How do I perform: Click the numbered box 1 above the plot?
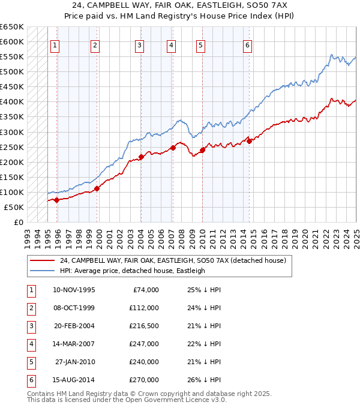pyautogui.click(x=55, y=44)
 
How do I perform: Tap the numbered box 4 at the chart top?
pyautogui.click(x=171, y=44)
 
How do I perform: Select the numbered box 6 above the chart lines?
pyautogui.click(x=247, y=44)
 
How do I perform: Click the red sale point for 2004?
pyautogui.click(x=141, y=157)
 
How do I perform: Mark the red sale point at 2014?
pyautogui.click(x=249, y=142)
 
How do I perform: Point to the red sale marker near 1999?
pyautogui.click(x=97, y=188)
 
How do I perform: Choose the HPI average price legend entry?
pyautogui.click(x=132, y=271)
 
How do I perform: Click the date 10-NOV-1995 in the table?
pyautogui.click(x=74, y=290)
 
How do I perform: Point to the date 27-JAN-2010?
pyautogui.click(x=75, y=362)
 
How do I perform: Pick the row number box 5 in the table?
pyautogui.click(x=29, y=362)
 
